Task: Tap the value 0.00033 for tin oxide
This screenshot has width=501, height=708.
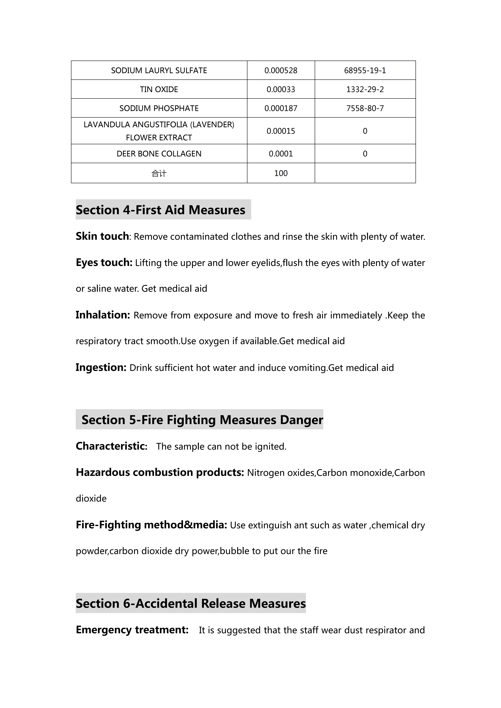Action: coord(281,89)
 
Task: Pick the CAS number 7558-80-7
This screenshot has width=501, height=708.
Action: coord(365,108)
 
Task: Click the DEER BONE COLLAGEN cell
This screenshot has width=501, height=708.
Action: coord(159,154)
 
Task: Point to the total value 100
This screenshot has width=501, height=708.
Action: coord(281,173)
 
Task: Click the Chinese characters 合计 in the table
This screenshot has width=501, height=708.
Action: coord(159,173)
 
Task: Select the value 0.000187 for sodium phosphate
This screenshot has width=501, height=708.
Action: coord(281,108)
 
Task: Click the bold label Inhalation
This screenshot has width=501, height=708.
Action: coord(103,315)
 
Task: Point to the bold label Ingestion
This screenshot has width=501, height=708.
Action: coord(101,367)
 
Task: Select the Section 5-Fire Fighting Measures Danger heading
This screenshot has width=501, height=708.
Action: coord(202,420)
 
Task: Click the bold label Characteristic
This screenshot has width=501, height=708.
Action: coord(111,446)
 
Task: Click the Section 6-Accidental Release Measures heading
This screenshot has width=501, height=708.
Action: coord(191,603)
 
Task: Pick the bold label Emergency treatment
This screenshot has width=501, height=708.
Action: coord(132,629)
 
